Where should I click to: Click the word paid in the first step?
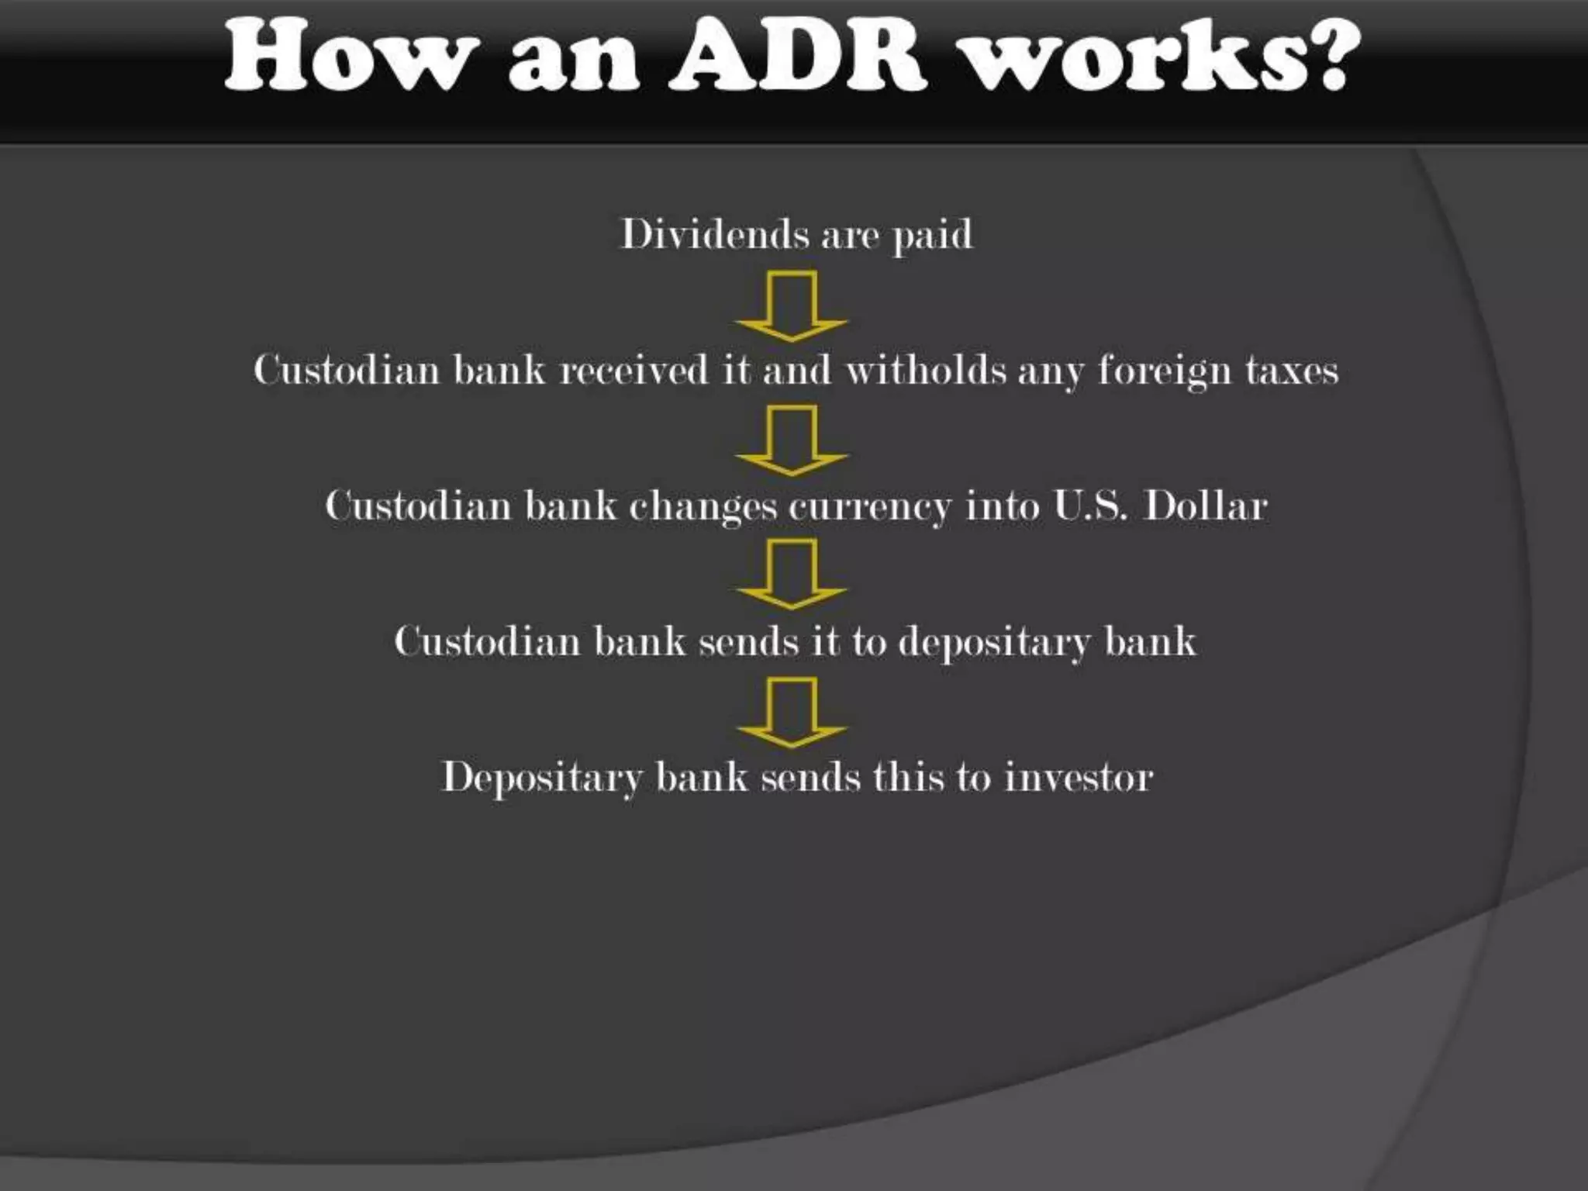click(933, 235)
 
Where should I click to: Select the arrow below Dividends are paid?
click(792, 306)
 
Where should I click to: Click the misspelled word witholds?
click(923, 369)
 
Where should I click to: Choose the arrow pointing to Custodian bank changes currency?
click(792, 440)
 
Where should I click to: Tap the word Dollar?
click(1206, 506)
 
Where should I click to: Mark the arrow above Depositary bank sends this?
click(792, 713)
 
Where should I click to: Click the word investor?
click(1079, 777)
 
